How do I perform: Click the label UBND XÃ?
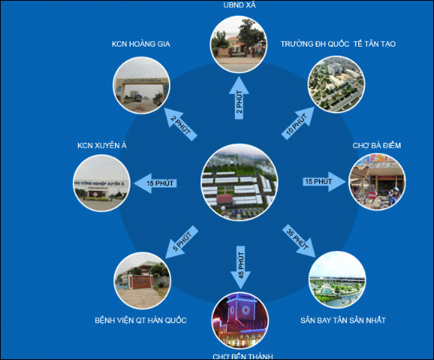point(240,5)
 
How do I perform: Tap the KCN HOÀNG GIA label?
point(141,44)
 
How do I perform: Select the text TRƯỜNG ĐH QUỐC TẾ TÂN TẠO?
point(338,44)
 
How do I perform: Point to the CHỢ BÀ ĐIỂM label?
point(377,146)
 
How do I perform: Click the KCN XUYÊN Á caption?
point(102,146)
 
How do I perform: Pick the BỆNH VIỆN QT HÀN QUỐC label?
point(140,320)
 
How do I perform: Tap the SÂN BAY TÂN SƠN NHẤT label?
point(343,320)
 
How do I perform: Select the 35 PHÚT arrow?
point(299,241)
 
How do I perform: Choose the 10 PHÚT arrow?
point(298,123)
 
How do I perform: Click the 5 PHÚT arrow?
point(182,242)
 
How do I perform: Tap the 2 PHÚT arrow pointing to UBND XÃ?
point(239,98)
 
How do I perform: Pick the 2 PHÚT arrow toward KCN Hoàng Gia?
point(181,125)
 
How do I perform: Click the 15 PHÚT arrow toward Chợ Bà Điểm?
point(324,182)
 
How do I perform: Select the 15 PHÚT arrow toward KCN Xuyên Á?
point(155,183)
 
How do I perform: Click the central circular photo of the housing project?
point(240,182)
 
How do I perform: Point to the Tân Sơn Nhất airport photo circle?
point(337,280)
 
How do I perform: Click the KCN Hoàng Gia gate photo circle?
point(141,85)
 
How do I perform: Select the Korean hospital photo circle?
point(142,280)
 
